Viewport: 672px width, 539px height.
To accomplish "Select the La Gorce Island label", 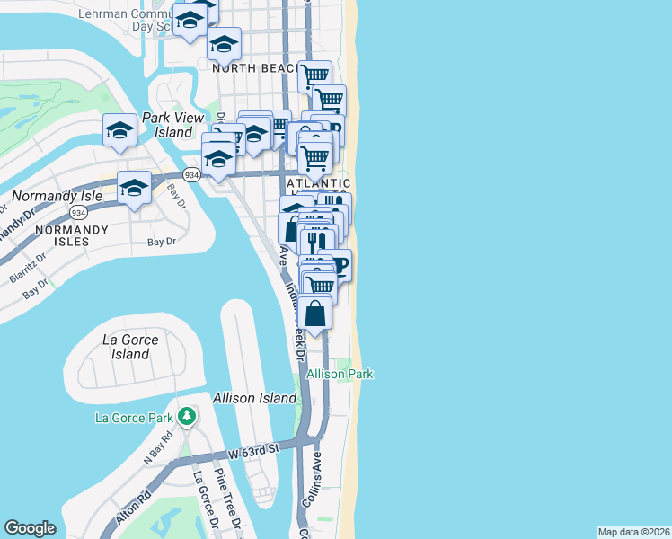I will click(x=130, y=347).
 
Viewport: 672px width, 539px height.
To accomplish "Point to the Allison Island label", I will click(x=254, y=398).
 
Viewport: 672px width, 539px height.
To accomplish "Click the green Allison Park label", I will click(x=340, y=374).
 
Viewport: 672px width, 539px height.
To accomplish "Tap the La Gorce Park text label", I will click(x=136, y=417).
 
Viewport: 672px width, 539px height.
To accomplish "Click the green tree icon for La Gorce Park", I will click(x=187, y=416).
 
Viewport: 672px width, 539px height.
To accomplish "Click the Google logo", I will click(x=30, y=528).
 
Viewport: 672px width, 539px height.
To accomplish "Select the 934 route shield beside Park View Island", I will click(x=190, y=174).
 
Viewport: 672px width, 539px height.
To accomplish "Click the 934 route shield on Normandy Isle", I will click(x=78, y=213).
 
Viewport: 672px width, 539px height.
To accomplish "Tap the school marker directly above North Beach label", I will click(x=224, y=42).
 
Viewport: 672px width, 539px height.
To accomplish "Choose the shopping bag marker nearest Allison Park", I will click(x=315, y=314).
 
